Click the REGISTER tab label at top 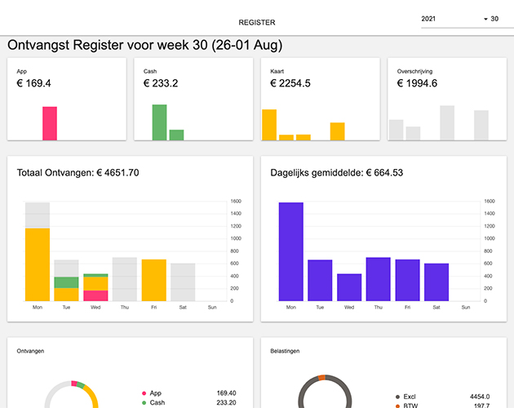(x=257, y=22)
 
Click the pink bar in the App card (x=50, y=123)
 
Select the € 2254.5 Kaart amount (x=290, y=83)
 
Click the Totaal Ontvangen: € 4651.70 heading (x=78, y=173)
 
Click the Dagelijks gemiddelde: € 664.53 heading (x=336, y=173)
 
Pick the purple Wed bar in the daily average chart (x=349, y=287)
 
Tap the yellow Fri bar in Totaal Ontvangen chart (x=153, y=280)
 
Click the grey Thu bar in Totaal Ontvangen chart (x=125, y=279)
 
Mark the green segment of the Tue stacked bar (x=66, y=282)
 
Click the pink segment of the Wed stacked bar (x=95, y=295)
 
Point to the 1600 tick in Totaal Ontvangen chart (x=236, y=202)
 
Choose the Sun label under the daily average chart (x=465, y=308)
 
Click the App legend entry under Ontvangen (x=156, y=392)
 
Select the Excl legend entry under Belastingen (x=410, y=396)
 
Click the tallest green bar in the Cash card (x=159, y=122)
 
